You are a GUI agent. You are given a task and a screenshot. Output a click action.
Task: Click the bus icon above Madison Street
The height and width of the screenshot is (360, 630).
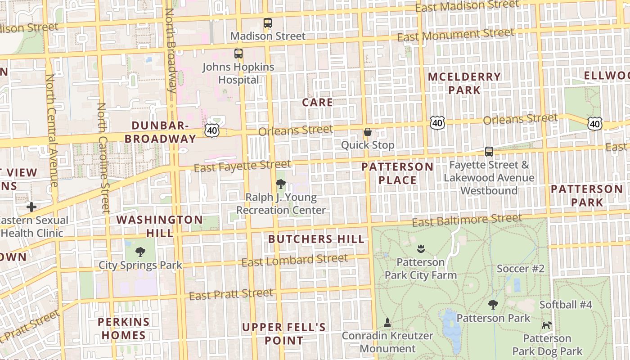(268, 22)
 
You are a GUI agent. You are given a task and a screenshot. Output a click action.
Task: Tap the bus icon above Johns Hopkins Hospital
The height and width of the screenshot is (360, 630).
(238, 54)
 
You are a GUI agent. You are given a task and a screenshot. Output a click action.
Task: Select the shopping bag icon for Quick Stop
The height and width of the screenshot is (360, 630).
(368, 132)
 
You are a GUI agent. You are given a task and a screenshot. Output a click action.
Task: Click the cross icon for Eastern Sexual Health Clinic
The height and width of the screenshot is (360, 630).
(31, 207)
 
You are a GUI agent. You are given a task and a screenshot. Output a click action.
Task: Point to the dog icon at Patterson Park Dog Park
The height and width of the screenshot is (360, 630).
(547, 325)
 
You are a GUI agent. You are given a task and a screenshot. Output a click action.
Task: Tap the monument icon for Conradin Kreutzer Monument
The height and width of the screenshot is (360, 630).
(387, 323)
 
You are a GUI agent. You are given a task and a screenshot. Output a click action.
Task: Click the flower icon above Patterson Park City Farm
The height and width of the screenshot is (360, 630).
(421, 248)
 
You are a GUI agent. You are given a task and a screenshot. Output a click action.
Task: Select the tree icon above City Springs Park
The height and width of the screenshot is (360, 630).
(140, 252)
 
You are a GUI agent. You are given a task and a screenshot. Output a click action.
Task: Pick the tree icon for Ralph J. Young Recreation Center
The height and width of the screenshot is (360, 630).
(281, 184)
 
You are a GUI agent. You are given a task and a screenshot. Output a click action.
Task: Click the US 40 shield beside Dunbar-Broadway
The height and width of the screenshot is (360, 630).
(212, 130)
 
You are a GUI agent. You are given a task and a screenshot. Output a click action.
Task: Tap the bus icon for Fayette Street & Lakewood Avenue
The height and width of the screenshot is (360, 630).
(489, 152)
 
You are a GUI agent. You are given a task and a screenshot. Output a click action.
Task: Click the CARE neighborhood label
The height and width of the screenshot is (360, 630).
(318, 103)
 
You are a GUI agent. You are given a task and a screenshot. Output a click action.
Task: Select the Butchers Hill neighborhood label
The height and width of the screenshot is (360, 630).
(316, 239)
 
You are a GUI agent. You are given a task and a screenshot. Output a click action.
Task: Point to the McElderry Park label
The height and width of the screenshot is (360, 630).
(464, 83)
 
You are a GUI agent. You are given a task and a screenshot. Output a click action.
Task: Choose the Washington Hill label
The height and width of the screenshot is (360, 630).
(160, 226)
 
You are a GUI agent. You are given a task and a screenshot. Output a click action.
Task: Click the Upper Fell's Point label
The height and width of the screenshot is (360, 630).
(284, 333)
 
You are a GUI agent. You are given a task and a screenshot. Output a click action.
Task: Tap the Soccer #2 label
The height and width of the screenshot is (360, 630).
(521, 269)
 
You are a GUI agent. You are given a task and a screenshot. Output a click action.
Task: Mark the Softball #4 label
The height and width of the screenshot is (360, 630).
(566, 305)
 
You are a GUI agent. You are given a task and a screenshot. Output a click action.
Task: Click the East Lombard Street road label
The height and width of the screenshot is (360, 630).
(295, 260)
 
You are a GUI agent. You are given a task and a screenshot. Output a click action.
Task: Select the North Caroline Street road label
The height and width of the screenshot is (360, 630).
(103, 157)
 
